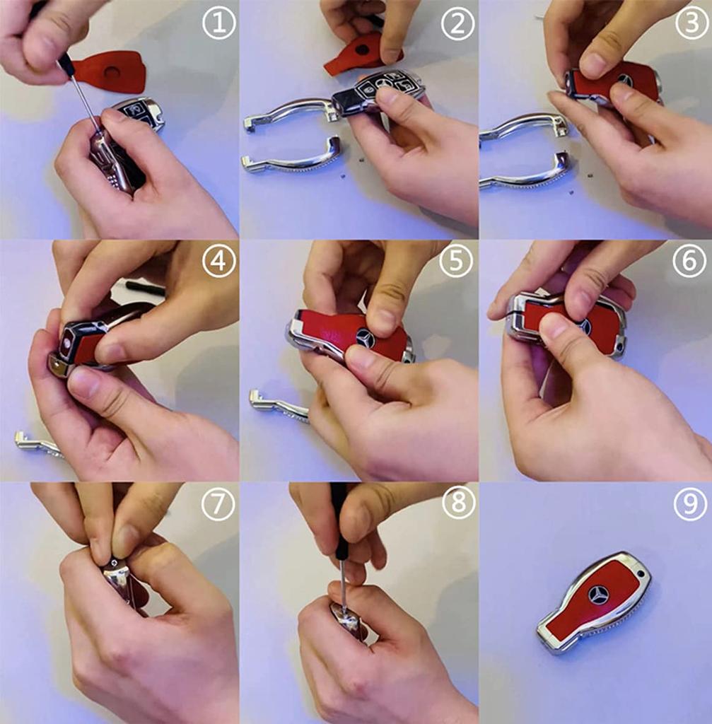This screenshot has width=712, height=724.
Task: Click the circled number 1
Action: [x=219, y=23]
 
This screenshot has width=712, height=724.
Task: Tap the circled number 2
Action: [x=457, y=23]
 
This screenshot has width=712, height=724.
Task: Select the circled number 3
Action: [x=691, y=23]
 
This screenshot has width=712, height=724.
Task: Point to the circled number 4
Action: [x=219, y=261]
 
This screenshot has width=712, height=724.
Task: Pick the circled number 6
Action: [x=689, y=261]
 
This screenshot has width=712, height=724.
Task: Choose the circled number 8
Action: [x=458, y=502]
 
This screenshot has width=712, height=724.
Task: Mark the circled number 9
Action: [x=690, y=503]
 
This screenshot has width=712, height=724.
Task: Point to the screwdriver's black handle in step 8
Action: [x=342, y=522]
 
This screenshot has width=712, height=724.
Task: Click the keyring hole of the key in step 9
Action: [x=640, y=574]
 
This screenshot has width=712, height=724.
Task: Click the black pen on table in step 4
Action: [x=146, y=286]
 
